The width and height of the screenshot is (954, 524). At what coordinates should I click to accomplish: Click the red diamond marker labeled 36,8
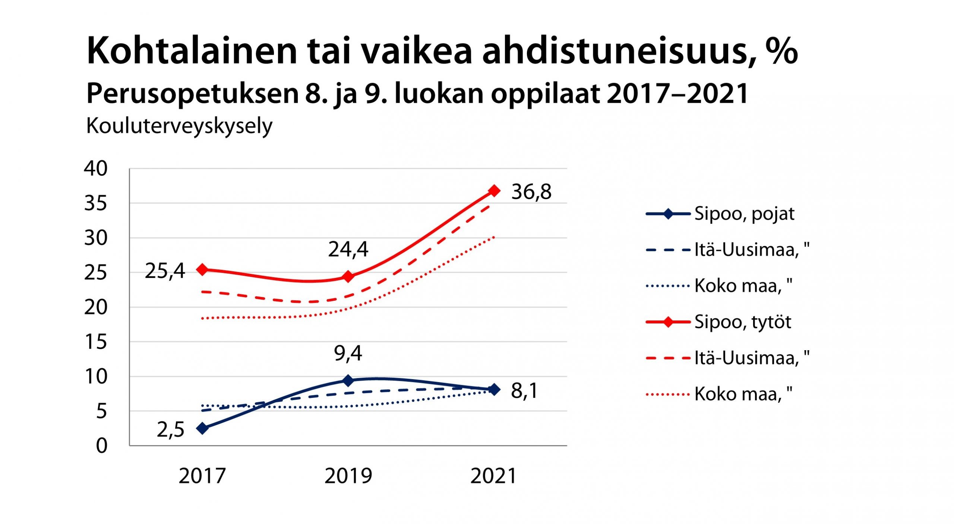(x=494, y=191)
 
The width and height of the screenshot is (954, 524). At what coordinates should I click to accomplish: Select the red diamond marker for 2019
(x=348, y=276)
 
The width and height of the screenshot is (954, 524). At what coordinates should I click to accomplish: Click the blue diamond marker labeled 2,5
(x=202, y=428)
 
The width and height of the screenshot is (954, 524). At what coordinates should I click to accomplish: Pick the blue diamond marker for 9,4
(x=348, y=380)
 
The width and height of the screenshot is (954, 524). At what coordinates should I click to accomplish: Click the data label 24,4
(x=348, y=249)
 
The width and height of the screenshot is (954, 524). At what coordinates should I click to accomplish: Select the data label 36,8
(x=531, y=192)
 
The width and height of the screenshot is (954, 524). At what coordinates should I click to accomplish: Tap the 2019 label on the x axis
(x=348, y=476)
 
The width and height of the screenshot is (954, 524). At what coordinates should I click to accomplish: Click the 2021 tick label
(x=493, y=476)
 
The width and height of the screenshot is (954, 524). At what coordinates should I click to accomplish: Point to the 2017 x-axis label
(x=202, y=476)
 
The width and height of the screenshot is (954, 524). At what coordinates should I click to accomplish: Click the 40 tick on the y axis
(x=96, y=169)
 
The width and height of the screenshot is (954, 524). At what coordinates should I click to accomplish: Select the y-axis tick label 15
(x=96, y=342)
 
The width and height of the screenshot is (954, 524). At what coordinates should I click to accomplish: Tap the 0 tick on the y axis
(x=101, y=445)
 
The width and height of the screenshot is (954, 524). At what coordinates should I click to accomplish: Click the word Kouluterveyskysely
(x=179, y=126)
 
